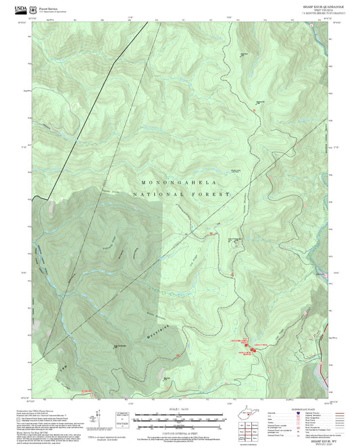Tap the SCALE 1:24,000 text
click(x=179, y=407)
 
